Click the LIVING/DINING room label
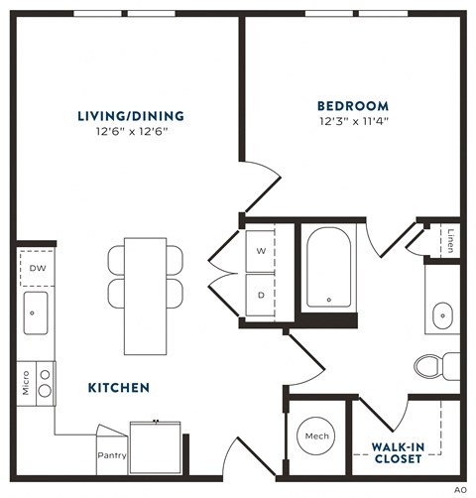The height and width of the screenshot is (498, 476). coord(130,115)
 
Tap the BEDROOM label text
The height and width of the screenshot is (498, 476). coord(353,105)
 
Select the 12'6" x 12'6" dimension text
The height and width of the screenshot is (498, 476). coord(130,132)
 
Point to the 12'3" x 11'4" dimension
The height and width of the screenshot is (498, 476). coord(353,122)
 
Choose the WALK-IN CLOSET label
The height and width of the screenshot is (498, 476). coord(398,452)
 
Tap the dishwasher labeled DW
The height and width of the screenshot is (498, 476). coord(37,268)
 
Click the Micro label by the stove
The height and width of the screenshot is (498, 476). coord(26,383)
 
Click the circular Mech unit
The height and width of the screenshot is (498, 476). coord(316,436)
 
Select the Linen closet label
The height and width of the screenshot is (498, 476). coord(450,241)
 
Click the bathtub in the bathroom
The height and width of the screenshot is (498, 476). coord(327,268)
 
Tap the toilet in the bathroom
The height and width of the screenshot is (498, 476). coord(434,366)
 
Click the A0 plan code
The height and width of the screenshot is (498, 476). coord(460,490)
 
